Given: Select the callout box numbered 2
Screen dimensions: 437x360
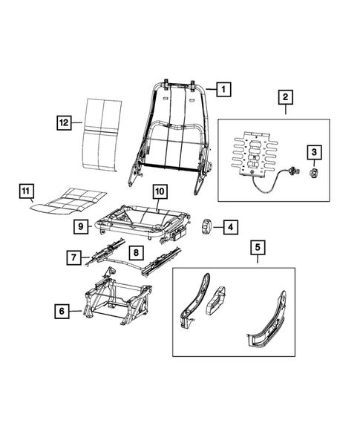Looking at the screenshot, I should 285,96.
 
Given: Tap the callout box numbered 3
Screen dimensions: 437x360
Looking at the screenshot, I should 315,153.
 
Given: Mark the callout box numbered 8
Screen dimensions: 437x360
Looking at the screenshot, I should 137,252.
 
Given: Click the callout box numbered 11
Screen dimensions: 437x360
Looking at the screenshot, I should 26,194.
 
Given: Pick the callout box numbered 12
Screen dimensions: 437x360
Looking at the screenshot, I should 65,121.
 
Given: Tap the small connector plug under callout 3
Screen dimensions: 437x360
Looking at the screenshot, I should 315,172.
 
